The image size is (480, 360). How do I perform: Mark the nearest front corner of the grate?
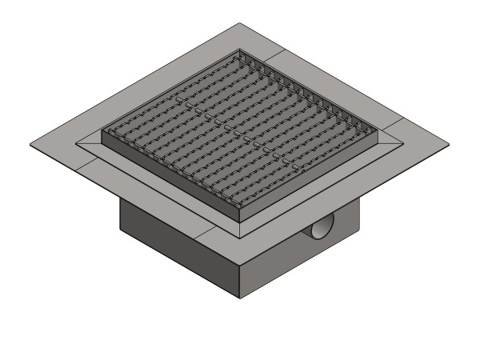pos(240,219)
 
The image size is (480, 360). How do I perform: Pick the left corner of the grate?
pos(102,138)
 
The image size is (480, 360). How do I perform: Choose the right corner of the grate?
pos(378,130)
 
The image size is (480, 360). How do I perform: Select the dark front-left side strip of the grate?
pos(168,182)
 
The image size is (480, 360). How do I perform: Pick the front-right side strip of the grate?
pos(312,178)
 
